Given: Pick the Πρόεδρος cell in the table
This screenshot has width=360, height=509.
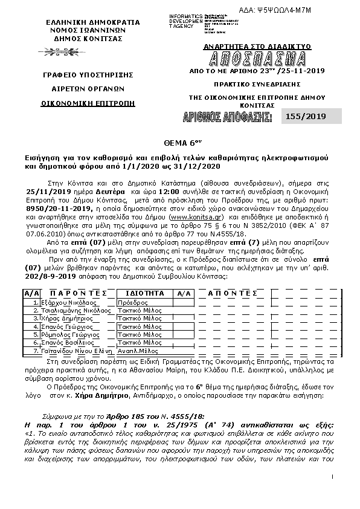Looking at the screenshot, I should pyautogui.click(x=132, y=302).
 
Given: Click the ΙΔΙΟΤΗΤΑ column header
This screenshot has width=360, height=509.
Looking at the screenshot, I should pyautogui.click(x=144, y=293).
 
